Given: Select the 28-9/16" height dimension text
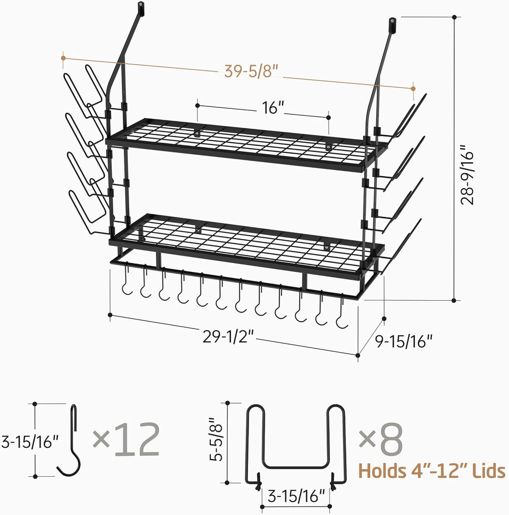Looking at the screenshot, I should coord(469,175).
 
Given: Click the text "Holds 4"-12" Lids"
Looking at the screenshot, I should coord(431,470).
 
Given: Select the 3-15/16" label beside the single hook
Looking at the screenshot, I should coord(29,441).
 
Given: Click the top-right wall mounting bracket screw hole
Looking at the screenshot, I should coord(393,22).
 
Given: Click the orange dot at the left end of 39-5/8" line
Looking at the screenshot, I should coord(63,58).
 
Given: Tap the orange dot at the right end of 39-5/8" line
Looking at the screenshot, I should coord(413,88).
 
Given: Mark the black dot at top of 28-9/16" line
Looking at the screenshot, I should coord(454,17).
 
